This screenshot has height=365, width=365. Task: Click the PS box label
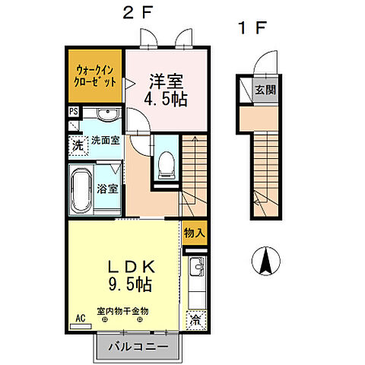click(73, 111)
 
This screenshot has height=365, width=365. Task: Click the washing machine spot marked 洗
click(78, 144)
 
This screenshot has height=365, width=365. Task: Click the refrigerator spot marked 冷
click(195, 319)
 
